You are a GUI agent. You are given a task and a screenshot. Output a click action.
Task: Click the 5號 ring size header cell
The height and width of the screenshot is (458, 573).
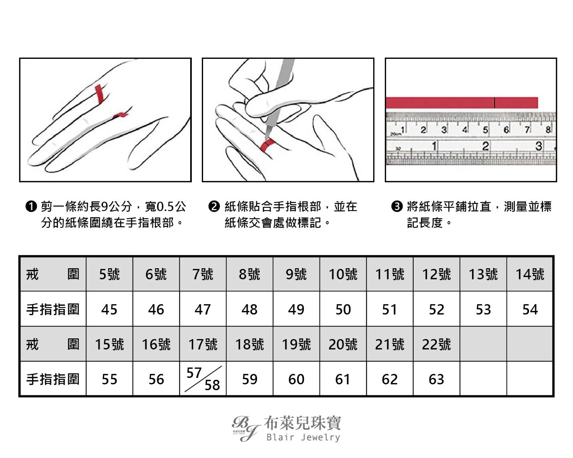tap(109, 274)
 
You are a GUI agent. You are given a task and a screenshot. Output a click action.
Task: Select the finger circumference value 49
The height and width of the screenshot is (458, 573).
tap(296, 309)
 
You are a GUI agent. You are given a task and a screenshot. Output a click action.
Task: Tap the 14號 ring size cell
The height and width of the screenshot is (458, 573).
tap(530, 274)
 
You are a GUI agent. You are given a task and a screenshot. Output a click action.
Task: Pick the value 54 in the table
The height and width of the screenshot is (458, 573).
tap(530, 309)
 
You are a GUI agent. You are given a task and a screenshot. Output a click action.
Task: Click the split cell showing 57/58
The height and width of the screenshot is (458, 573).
tap(203, 379)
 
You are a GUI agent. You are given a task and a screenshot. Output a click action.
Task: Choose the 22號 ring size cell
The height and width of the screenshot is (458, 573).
tap(436, 344)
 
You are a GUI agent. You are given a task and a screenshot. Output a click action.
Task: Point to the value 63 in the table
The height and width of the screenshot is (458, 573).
tap(436, 379)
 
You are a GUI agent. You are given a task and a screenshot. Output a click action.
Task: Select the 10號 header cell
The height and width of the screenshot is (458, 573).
tap(343, 274)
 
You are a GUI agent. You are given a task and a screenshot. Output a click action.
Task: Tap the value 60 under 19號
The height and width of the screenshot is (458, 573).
tap(296, 379)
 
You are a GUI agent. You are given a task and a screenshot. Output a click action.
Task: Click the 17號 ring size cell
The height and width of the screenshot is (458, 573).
tap(203, 344)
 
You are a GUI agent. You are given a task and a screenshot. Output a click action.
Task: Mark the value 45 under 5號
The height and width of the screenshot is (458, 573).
tap(109, 309)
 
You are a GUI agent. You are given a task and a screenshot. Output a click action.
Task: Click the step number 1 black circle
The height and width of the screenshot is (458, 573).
tap(31, 207)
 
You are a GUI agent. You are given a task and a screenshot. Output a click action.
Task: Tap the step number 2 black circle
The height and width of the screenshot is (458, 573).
tap(214, 207)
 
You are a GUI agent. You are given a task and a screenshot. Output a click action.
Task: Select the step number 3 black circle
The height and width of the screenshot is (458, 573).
tap(397, 207)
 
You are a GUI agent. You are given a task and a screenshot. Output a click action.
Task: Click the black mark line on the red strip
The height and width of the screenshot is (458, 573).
tap(495, 103)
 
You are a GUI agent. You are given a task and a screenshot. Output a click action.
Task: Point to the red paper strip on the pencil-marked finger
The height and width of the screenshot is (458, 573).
tap(267, 145)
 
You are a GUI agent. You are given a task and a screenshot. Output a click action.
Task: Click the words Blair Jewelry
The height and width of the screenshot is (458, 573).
tap(303, 437)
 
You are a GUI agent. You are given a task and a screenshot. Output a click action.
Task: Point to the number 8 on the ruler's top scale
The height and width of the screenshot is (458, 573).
tap(548, 130)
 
